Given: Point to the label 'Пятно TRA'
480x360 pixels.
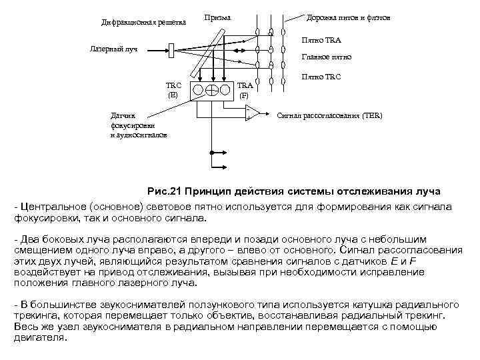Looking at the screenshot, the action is (x=321, y=41).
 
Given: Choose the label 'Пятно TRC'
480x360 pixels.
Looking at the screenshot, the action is (x=321, y=77).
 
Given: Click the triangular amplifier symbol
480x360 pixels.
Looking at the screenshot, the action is (x=251, y=113).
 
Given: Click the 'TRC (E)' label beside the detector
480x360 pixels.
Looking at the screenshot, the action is (x=173, y=90).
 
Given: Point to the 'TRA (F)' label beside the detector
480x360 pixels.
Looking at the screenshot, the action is (x=245, y=90).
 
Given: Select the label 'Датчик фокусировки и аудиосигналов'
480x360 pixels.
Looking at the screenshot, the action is (x=138, y=125).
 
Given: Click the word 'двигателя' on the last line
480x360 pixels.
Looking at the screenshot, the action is (x=40, y=337).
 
